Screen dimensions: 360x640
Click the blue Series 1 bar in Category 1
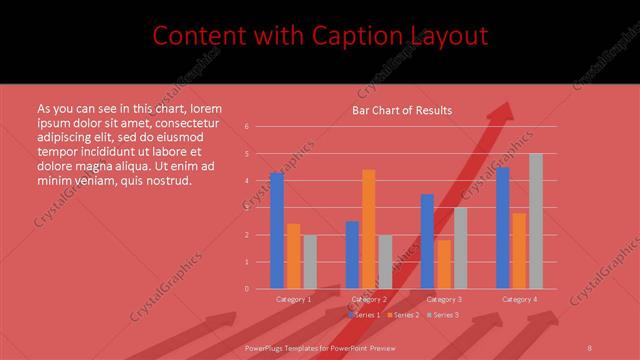coord(277,231)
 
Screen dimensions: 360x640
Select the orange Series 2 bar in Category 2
coord(369,229)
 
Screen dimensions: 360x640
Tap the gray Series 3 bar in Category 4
coord(536,221)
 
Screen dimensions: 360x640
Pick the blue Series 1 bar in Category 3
coord(427,241)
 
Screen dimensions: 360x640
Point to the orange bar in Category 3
coord(444,264)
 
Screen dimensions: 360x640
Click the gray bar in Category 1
coord(310,262)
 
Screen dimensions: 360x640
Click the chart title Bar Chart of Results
coord(402,110)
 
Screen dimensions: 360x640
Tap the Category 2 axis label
coord(370,299)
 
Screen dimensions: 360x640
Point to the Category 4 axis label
coord(519,299)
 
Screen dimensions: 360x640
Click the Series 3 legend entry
coord(444,315)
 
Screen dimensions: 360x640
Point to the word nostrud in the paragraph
coord(167,180)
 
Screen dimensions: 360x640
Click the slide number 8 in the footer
coord(589,347)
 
